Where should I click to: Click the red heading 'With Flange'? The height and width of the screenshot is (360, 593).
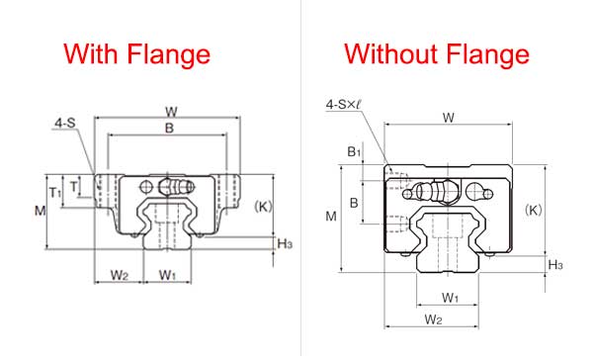pos(136,54)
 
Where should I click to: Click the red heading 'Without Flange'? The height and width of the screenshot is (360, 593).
pos(437,54)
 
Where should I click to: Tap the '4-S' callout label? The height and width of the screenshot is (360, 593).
pos(65,123)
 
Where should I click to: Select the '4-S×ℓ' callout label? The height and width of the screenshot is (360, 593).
pos(343,105)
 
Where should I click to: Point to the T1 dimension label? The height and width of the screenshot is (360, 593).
pos(55,193)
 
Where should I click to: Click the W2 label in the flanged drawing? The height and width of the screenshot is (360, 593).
pos(120,275)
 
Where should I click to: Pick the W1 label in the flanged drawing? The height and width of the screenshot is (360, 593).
pos(168,275)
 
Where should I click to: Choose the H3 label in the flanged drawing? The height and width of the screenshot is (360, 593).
pos(285,243)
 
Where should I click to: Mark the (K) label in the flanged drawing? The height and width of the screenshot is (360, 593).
pos(263,207)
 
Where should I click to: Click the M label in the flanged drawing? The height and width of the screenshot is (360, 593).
pos(41,211)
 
